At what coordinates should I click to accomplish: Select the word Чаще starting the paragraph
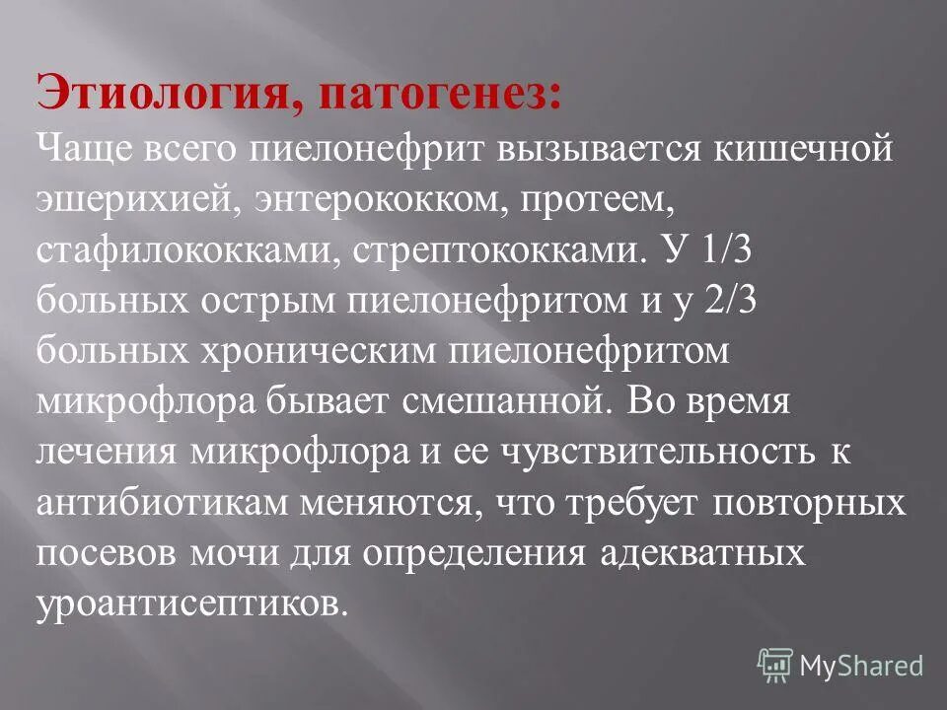(86, 150)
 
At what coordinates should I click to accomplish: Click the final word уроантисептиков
(193, 603)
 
